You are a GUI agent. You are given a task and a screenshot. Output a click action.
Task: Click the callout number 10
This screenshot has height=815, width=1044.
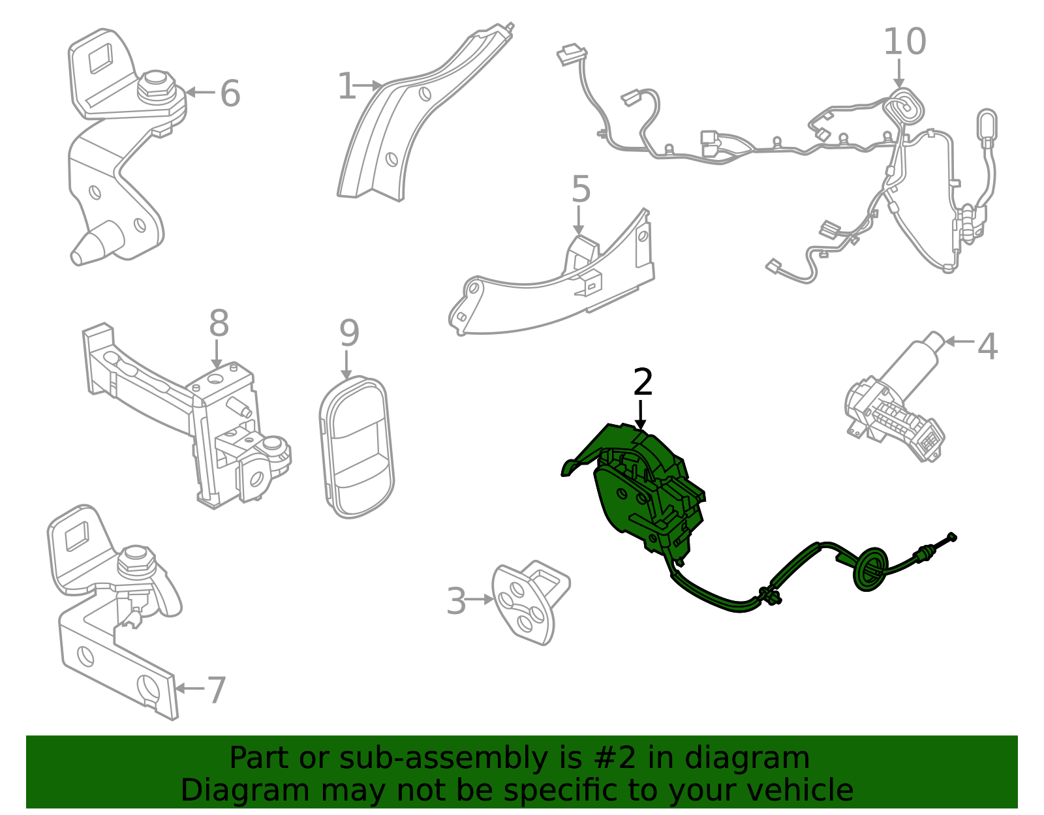tap(904, 41)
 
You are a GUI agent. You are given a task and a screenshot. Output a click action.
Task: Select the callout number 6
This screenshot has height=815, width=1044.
tap(230, 93)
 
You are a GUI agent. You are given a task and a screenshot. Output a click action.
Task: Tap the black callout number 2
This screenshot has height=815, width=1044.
tap(643, 382)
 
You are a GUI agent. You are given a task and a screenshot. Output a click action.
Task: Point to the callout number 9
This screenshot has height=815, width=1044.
tap(349, 333)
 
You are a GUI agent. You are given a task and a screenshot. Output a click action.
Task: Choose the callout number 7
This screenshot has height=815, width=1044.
tap(216, 690)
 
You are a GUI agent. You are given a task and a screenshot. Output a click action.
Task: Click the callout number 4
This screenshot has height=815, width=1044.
tap(988, 346)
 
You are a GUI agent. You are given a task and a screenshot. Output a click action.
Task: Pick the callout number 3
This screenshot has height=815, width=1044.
tap(456, 601)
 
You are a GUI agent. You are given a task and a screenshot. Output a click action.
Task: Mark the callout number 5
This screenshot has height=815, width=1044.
tap(581, 189)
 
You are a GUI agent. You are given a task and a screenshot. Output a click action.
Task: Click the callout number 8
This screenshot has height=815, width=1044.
tap(219, 323)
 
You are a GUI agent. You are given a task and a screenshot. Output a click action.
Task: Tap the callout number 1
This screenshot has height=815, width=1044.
tap(347, 86)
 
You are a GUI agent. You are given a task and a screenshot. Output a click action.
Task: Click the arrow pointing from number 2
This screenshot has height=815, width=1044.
tap(640, 415)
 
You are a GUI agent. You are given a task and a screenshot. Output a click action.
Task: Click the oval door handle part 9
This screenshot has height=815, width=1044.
tap(356, 447)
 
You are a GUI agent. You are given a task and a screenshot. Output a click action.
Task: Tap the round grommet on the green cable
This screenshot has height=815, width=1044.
tap(870, 570)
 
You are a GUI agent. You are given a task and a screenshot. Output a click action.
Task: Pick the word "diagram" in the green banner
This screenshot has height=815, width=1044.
tap(746, 758)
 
